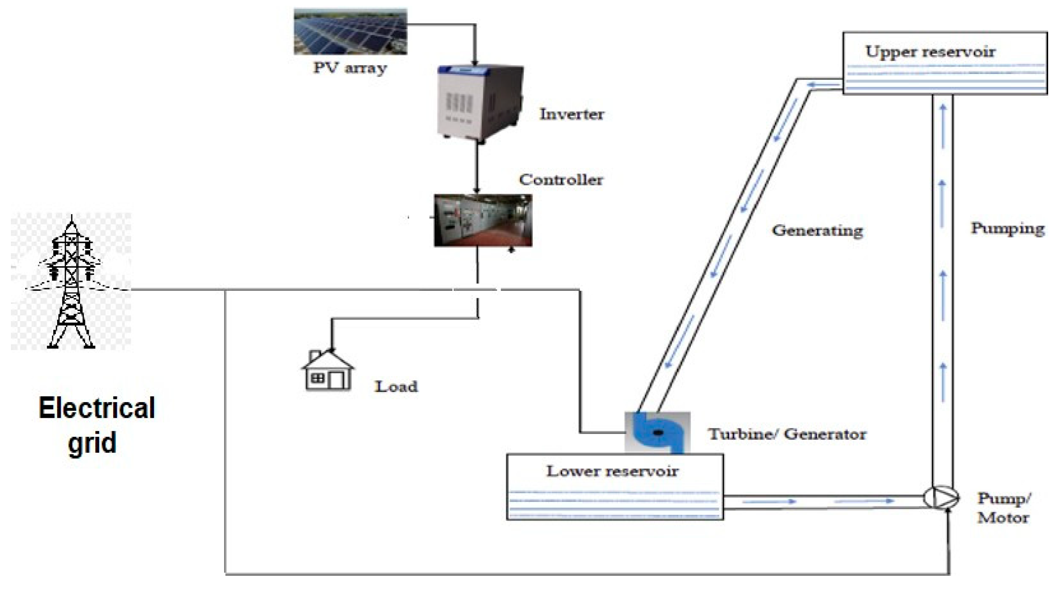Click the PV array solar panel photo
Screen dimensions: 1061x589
[350, 31]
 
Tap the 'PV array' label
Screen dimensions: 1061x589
[350, 68]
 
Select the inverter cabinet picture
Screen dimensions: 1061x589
[480, 104]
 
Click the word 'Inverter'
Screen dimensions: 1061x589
[572, 114]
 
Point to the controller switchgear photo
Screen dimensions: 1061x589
[483, 220]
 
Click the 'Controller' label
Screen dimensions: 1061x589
[561, 179]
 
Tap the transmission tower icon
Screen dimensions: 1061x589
[71, 282]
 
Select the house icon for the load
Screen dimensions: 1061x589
[328, 370]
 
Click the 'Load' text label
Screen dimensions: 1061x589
[396, 386]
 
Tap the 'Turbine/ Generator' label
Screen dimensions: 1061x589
[787, 434]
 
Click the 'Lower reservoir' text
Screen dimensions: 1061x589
[612, 471]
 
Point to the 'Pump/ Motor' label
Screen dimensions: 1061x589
[1004, 508]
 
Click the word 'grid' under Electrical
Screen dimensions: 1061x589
[92, 443]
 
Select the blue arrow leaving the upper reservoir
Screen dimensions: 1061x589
[823, 86]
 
